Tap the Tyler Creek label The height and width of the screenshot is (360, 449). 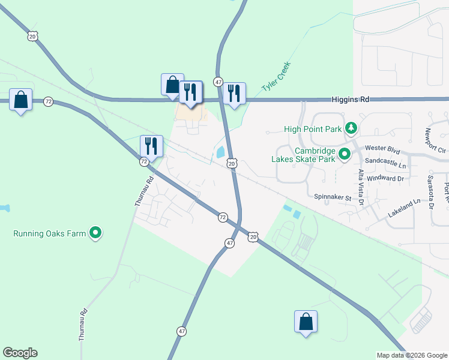point(276,77)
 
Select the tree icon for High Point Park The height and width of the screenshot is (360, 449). point(351,128)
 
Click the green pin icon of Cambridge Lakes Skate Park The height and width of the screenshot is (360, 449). point(345,155)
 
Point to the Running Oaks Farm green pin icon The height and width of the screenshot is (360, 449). point(95,233)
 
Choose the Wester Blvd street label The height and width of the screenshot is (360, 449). point(382,148)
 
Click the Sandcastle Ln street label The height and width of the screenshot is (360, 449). point(385,163)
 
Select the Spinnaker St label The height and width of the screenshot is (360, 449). point(332,197)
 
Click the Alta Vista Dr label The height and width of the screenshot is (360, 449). point(361,187)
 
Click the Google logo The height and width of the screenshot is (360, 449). point(20,353)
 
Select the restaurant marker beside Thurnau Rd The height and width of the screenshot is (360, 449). point(151,146)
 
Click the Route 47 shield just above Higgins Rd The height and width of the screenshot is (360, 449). point(218,82)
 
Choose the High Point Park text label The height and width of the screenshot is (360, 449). point(313,128)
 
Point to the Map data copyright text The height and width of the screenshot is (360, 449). point(412,355)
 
